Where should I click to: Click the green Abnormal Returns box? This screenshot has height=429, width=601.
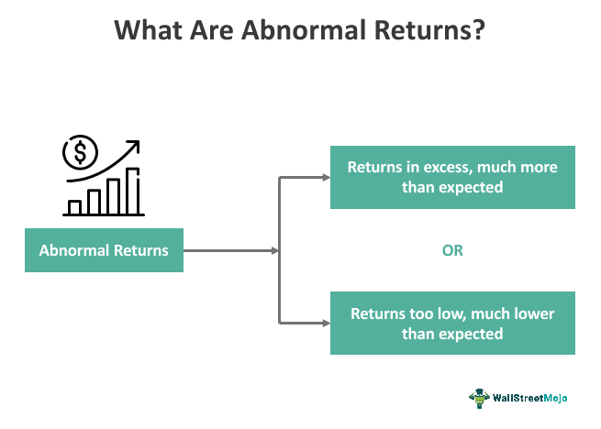coord(104,250)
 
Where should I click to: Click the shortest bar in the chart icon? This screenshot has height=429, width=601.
coord(74,206)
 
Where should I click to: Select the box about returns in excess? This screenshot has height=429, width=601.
coord(452,177)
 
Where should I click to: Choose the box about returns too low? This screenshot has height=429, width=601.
coord(452,324)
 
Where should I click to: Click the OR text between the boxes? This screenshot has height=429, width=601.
coord(452,250)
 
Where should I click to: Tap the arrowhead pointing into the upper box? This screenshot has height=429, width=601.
coord(325,177)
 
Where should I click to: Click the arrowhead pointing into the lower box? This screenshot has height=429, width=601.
coord(325,323)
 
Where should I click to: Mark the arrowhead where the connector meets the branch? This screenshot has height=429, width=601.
coord(274,250)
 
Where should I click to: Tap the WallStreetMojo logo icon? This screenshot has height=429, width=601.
coord(479,397)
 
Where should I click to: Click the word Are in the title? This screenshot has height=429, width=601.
coord(214,30)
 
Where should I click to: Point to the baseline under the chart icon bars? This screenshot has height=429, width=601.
coord(103,215)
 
